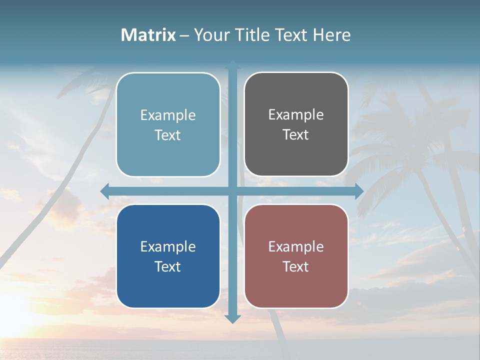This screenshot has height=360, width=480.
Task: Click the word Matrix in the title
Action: (148, 35)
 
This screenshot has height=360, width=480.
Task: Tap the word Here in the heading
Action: (331, 35)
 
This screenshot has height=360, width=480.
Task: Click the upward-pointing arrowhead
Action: (232, 64)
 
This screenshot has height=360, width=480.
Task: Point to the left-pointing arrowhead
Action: (104, 191)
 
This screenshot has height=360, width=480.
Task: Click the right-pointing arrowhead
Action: (359, 191)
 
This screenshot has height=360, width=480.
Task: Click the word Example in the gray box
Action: (296, 114)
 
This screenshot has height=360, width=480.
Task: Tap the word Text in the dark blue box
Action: (168, 266)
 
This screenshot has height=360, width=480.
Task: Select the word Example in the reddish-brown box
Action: (296, 246)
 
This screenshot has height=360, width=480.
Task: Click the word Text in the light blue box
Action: (168, 135)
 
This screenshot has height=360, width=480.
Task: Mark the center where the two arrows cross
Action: (232, 191)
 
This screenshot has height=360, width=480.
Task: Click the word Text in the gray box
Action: (296, 134)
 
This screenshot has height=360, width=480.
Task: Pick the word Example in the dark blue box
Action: (168, 246)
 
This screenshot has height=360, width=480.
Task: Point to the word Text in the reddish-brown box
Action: (296, 266)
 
